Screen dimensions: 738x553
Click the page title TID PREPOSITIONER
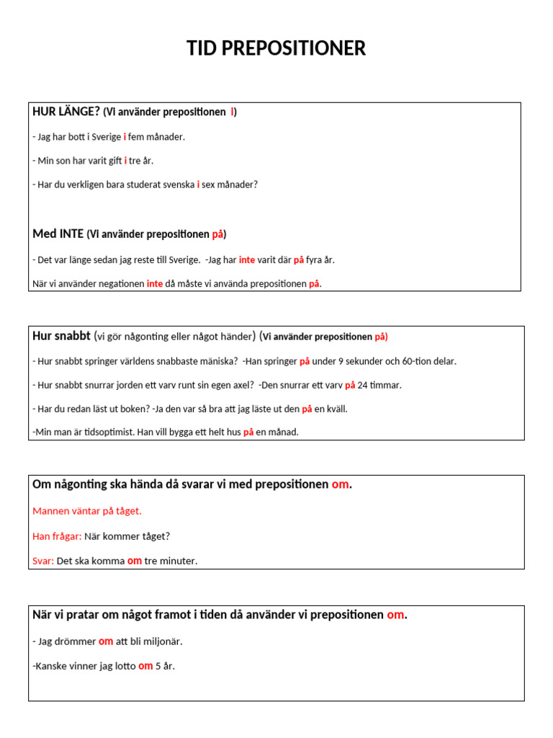276,48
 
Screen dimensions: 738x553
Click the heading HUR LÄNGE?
66,112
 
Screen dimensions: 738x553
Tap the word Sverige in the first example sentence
107,137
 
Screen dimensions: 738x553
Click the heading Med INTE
58,234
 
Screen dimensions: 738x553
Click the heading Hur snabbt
61,336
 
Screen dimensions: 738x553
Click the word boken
133,409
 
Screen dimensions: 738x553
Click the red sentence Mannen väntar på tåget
87,511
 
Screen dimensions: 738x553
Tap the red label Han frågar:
58,536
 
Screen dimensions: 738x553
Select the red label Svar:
43,561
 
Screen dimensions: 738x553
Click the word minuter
179,561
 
